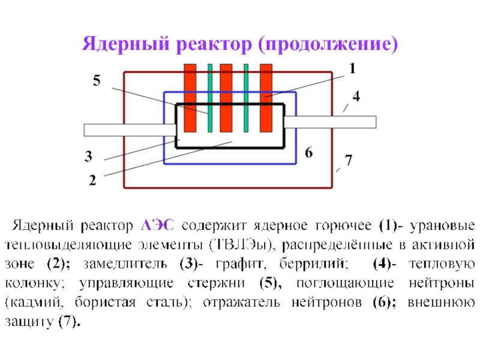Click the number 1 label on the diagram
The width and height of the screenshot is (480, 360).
point(352,70)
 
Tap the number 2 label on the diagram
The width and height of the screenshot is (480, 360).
point(92,179)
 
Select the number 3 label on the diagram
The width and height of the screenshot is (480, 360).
point(88,158)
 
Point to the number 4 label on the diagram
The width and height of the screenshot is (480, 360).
point(356,96)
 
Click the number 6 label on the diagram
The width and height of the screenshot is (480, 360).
point(308,153)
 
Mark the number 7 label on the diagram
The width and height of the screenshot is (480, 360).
point(349,160)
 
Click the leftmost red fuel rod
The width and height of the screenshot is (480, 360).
point(190,98)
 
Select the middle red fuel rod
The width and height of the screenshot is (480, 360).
point(226,98)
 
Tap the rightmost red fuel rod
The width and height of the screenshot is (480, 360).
point(266,98)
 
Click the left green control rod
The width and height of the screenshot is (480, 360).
point(210,98)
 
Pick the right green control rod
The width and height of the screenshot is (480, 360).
point(246,98)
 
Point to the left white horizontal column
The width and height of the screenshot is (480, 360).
point(128,130)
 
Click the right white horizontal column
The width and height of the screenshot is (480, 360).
point(330,122)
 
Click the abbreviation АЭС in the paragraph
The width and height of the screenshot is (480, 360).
point(157,226)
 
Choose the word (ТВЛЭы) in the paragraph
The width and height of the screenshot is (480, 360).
point(239,245)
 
